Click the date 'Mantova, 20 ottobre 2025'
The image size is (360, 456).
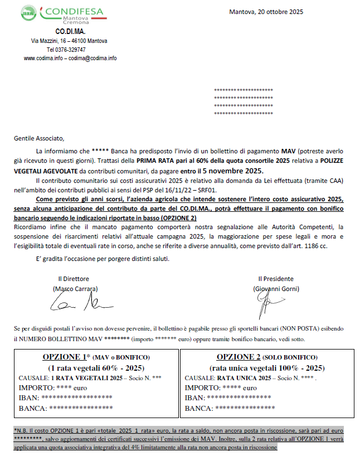coord(266,12)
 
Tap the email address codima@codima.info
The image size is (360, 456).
coord(93,57)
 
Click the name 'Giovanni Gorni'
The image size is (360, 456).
coord(276,289)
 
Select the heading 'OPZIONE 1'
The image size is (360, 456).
coord(63,357)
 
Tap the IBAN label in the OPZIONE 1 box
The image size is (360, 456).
coord(29,398)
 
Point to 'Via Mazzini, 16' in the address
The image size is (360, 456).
coord(51,41)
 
